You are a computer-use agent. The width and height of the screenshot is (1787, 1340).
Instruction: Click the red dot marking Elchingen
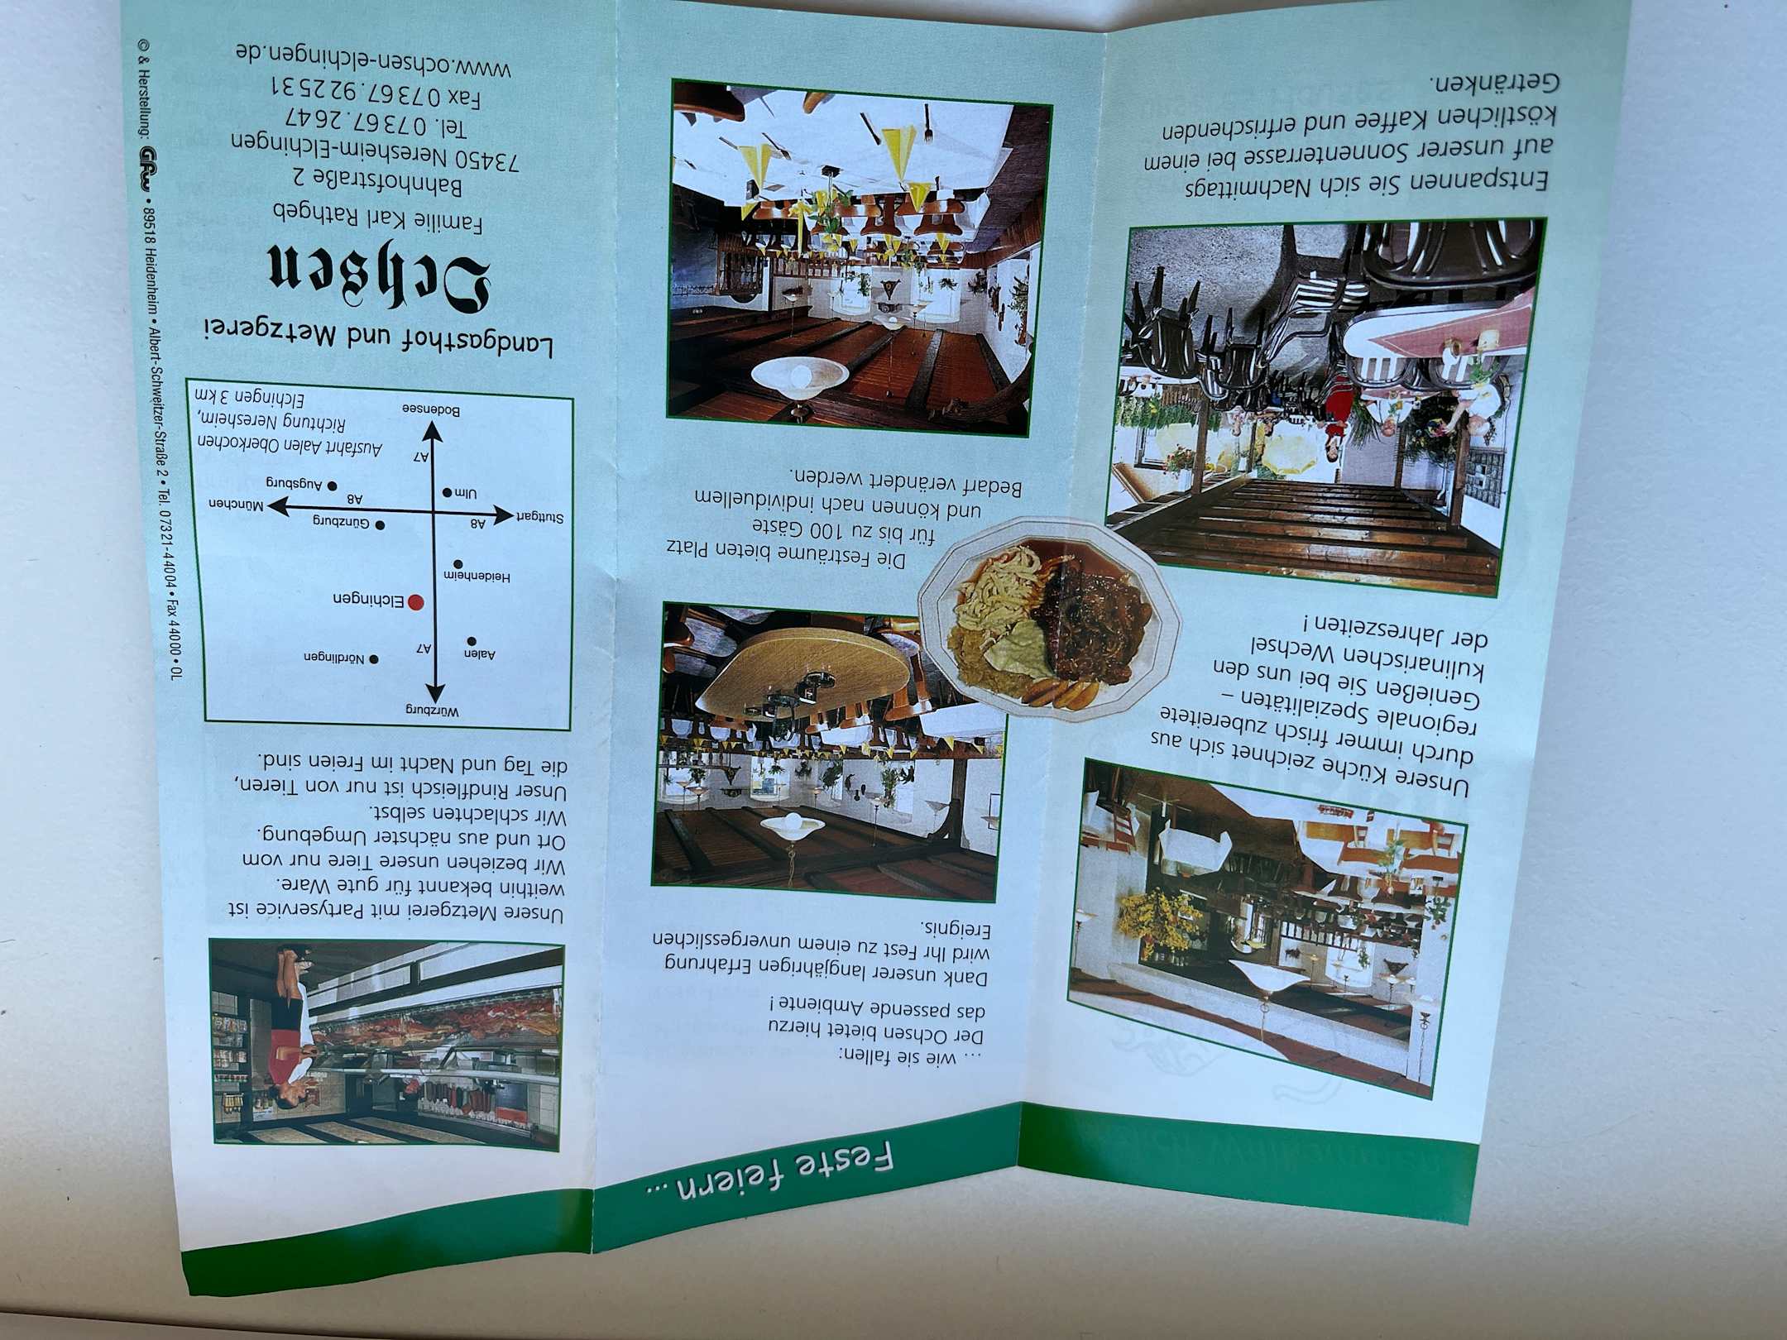(415, 603)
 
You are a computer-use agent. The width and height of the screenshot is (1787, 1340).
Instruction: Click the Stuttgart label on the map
(541, 518)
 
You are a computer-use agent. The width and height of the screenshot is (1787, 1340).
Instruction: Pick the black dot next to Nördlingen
(373, 659)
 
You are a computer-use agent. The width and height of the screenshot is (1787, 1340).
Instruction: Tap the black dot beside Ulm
(448, 492)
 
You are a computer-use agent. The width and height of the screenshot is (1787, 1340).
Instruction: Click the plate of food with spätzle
(1050, 620)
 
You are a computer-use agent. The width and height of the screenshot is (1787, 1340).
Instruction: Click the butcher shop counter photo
(386, 1043)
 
